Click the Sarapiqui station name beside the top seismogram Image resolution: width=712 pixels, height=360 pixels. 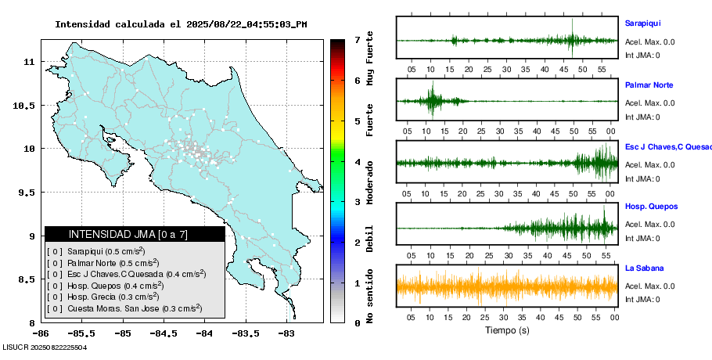point(642,23)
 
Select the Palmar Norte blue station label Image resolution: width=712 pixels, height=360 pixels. point(649,85)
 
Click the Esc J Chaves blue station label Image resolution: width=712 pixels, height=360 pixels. point(666,146)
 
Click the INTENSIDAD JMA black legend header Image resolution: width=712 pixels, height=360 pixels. point(135,234)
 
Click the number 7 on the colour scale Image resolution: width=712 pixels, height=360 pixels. point(357,39)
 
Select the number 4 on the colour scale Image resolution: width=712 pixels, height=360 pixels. point(357,162)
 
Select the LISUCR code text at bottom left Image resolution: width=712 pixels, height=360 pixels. point(45,347)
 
